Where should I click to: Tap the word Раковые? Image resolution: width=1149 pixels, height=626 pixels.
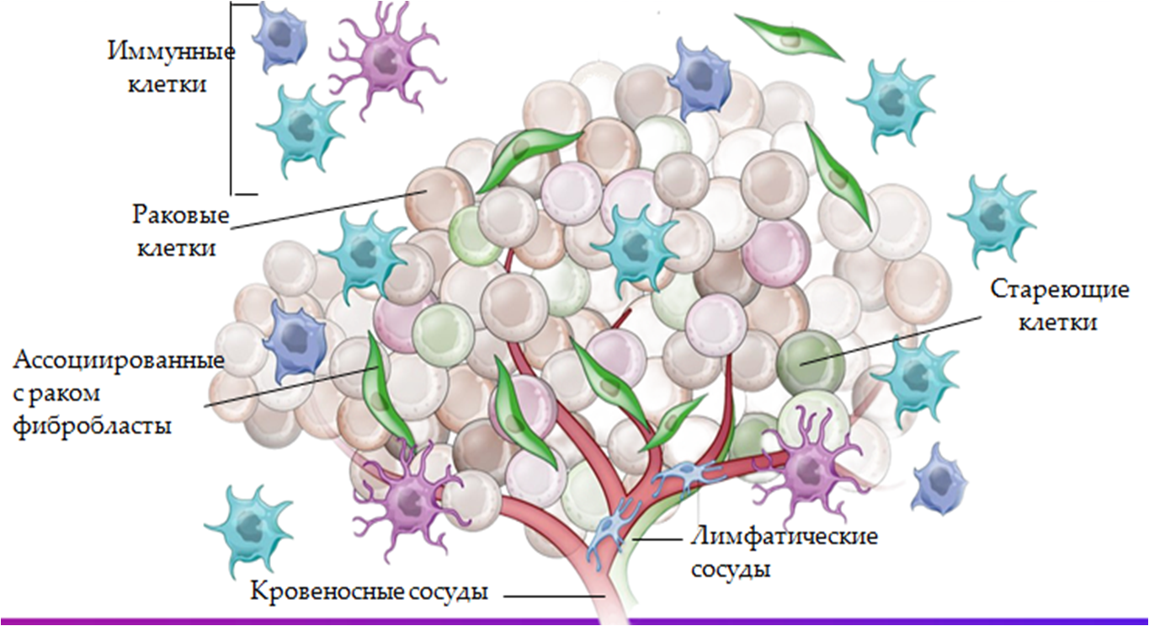pyautogui.click(x=181, y=214)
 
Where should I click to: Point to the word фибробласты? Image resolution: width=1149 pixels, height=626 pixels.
pyautogui.click(x=93, y=425)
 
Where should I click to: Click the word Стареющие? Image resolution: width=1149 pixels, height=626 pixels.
pyautogui.click(x=1058, y=290)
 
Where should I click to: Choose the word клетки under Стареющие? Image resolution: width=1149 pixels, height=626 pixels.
pyautogui.click(x=1058, y=322)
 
